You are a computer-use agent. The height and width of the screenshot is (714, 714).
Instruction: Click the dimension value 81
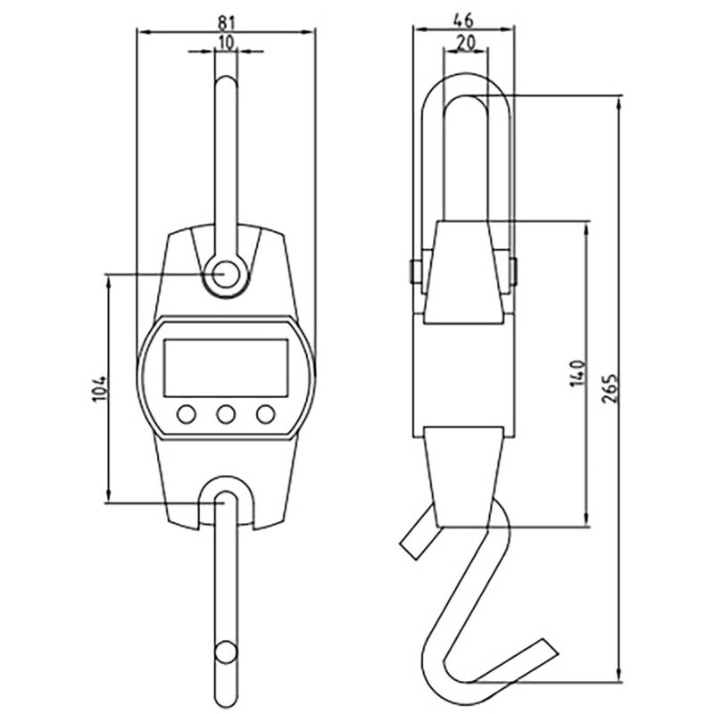pos(226,22)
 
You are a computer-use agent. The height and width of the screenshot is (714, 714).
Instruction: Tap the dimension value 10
pos(226,42)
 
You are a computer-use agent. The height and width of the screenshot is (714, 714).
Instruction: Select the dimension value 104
pos(99,388)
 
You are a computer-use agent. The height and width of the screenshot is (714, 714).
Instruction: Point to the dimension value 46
pos(464,21)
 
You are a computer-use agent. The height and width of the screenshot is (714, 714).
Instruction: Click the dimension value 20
pos(465,42)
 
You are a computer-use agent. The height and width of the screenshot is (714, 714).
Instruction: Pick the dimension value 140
pos(577,373)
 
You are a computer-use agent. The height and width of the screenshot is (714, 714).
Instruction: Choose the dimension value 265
pos(610,388)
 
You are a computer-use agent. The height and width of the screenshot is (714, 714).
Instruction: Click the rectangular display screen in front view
pos(226,368)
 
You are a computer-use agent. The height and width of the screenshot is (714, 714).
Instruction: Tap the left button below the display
pos(187,414)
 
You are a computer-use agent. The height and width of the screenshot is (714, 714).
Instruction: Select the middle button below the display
pos(226,414)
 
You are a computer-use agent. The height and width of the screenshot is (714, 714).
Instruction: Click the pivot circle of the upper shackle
pos(226,275)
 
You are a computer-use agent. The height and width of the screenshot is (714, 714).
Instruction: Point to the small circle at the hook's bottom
pos(226,653)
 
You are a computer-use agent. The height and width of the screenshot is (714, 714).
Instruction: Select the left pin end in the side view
pos(415,272)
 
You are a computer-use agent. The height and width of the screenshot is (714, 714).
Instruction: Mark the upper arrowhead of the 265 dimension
pos(619,103)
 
